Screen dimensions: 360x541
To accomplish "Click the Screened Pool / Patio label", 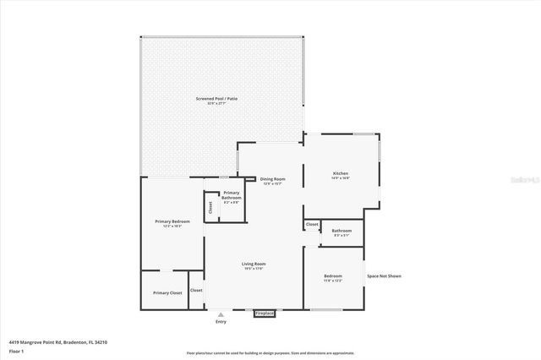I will click(x=222, y=99).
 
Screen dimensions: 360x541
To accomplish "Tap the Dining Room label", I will click(x=272, y=179).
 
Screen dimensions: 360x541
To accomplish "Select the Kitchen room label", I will click(x=341, y=173).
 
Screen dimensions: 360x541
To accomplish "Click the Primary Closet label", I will click(x=167, y=292).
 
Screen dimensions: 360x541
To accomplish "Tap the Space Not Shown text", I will click(x=384, y=276).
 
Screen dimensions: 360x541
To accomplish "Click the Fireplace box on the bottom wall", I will click(x=265, y=314).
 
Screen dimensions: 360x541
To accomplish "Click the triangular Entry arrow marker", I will click(x=221, y=314).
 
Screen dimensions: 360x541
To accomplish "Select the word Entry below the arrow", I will click(x=221, y=322).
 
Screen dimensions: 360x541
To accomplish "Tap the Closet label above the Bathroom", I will click(x=312, y=224).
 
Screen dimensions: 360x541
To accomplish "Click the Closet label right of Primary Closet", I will click(x=196, y=290).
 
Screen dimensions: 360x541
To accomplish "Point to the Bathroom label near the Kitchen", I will click(x=342, y=231).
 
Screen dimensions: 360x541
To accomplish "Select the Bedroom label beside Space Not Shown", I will click(x=333, y=276).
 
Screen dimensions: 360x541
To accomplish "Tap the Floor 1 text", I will click(x=16, y=351).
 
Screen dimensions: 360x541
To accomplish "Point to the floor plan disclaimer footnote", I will click(x=270, y=353).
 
